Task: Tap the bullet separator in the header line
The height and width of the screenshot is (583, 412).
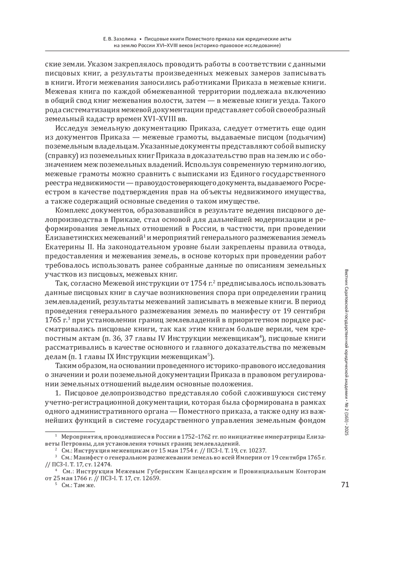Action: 140,39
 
